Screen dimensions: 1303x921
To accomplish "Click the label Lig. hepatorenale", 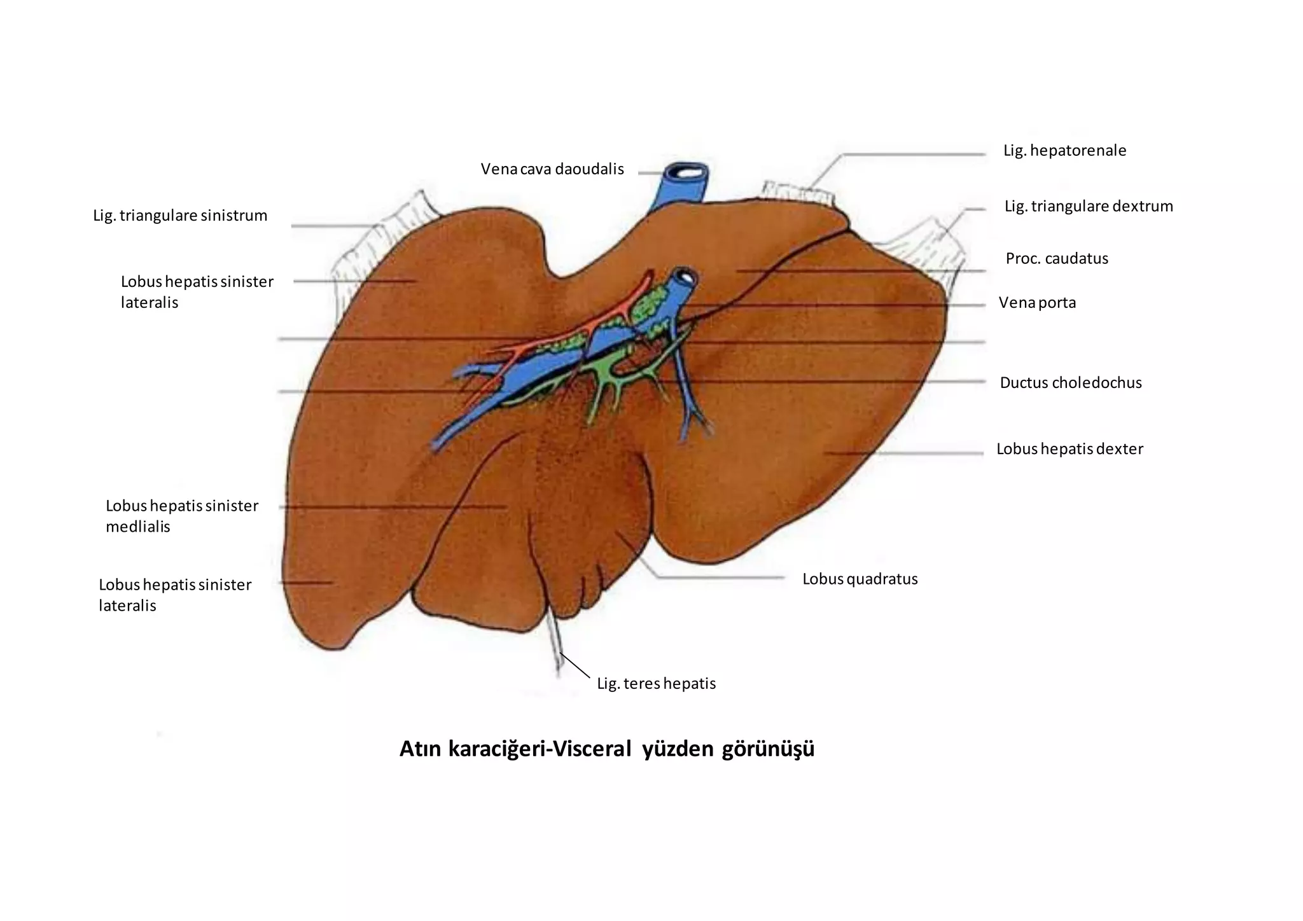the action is (x=1064, y=151).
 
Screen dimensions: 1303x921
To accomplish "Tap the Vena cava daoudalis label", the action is (x=552, y=169).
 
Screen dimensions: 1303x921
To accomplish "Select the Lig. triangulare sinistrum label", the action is (x=180, y=216).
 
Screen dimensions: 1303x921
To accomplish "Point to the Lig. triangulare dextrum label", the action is (x=1089, y=206).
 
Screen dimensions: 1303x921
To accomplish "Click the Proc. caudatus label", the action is (x=1057, y=258).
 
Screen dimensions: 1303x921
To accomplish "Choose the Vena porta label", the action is (x=1037, y=302).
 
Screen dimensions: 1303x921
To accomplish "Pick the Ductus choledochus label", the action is (x=1071, y=382).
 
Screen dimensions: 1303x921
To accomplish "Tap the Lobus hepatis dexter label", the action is (x=1070, y=449).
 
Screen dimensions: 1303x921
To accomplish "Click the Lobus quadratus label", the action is (x=860, y=579).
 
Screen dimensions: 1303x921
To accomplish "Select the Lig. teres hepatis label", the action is (x=656, y=684).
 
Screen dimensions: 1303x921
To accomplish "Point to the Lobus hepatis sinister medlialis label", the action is (x=182, y=516).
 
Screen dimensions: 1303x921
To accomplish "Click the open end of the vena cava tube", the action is (x=687, y=172).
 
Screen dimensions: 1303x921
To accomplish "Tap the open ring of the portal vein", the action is (x=686, y=276).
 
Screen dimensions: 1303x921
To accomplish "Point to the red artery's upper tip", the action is (x=650, y=274).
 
